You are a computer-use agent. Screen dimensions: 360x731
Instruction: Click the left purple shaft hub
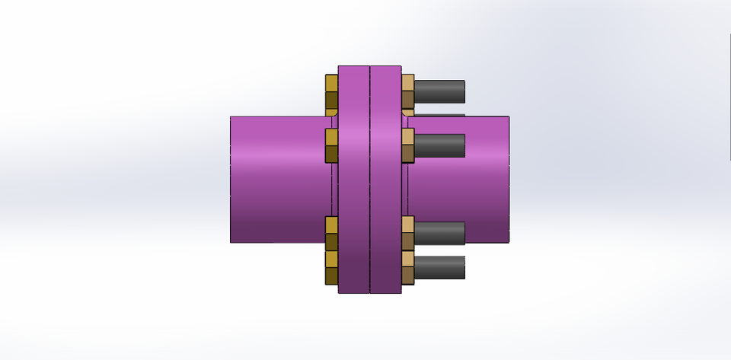pos(278,179)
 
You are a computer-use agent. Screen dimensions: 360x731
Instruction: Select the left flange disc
pos(353,179)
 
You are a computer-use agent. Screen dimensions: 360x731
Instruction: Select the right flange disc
pos(385,179)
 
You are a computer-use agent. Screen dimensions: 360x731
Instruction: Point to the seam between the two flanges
pos(369,179)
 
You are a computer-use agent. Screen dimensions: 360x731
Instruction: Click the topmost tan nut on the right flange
pos(407,91)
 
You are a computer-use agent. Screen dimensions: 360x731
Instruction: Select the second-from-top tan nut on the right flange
pos(407,145)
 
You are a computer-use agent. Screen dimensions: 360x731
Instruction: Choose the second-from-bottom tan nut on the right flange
pos(407,233)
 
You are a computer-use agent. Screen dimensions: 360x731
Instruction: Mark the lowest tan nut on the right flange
pos(407,267)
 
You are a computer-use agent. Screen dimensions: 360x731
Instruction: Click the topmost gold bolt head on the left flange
pos(331,91)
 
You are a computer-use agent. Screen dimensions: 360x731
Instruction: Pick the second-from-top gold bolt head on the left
pos(331,145)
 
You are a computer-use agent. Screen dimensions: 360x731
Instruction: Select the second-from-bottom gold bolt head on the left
pos(331,233)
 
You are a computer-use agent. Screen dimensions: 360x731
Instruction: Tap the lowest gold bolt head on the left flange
pos(331,267)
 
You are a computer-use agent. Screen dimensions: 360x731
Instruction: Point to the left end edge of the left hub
pos(231,179)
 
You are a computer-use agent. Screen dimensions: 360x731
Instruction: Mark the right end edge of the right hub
pos(509,179)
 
